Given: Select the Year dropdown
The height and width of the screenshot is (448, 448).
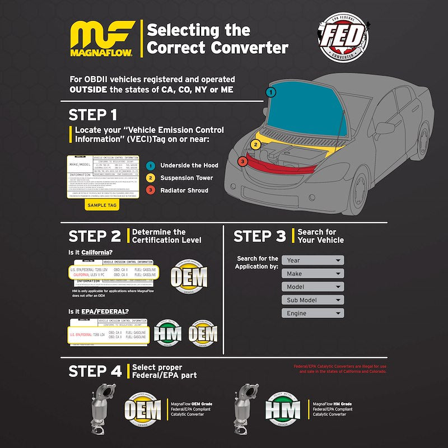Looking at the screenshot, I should click(312, 260).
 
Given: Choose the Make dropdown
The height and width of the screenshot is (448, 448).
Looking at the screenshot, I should click(312, 274).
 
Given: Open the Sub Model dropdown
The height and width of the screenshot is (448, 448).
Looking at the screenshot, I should click(312, 300).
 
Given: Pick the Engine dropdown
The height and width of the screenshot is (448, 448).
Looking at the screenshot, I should click(312, 314).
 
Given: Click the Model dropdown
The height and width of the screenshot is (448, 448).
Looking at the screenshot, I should click(312, 287).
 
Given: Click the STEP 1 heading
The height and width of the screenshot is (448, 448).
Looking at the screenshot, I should click(93, 115).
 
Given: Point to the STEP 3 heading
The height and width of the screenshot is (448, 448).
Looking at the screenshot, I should click(259, 236).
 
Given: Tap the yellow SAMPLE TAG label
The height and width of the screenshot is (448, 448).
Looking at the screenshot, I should click(102, 206).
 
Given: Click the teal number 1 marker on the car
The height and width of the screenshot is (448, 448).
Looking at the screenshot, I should click(270, 92).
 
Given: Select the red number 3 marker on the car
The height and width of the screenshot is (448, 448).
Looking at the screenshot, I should click(242, 161).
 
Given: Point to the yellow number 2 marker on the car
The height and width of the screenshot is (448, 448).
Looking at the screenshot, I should click(255, 144).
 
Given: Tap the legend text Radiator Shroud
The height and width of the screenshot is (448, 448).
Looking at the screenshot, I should click(184, 190).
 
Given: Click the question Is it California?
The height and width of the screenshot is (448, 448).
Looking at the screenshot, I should click(94, 252).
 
